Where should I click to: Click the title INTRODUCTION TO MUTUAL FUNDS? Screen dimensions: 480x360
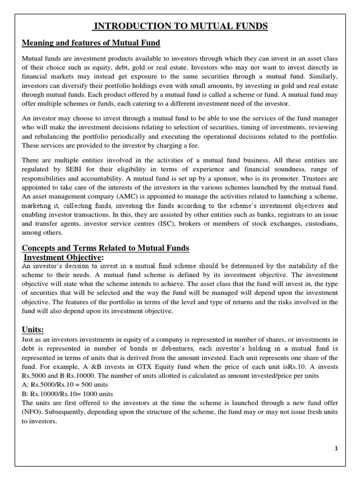(x=180, y=26)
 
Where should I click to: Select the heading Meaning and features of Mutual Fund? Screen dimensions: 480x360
(x=91, y=43)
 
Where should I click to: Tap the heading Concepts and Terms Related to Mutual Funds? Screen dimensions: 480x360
(x=106, y=247)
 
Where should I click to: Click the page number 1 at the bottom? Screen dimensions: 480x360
(x=336, y=448)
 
